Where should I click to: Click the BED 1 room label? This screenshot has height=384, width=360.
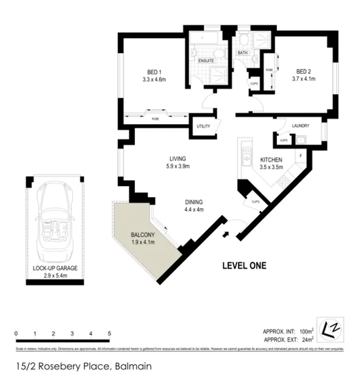click(154, 72)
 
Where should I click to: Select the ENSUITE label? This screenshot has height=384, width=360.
click(207, 61)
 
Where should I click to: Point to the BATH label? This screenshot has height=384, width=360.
click(242, 53)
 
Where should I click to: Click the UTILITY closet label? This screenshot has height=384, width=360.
click(203, 126)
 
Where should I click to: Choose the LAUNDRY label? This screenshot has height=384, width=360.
click(300, 125)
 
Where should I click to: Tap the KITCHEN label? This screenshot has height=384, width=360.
click(271, 160)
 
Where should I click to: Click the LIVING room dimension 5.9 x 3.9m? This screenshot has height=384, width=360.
click(178, 166)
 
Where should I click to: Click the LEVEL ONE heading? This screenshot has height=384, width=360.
click(243, 265)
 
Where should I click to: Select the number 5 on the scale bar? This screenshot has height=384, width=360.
click(109, 333)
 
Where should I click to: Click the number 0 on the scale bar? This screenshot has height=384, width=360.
click(16, 333)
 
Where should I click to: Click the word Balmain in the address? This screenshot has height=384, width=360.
click(131, 366)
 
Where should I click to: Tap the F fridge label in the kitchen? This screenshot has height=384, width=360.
click(298, 156)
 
